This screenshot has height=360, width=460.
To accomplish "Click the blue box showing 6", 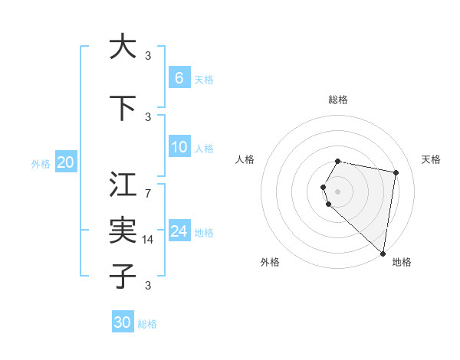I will tap(179, 78).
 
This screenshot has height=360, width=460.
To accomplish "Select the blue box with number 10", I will tap(179, 147).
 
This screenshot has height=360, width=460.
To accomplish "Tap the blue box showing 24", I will tap(179, 231).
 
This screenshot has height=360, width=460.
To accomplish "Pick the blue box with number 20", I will tap(66, 162).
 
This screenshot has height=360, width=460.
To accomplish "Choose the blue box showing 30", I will tap(123, 322).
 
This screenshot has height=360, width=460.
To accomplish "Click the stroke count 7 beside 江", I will tap(147, 192).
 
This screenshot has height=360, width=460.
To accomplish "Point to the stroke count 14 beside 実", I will tap(148, 240).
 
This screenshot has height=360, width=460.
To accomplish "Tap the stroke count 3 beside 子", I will tap(147, 285).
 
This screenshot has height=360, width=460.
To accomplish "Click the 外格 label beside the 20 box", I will tap(41, 163).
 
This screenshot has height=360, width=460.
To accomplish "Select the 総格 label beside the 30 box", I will tap(147, 324).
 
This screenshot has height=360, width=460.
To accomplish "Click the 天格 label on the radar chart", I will tap(431, 159).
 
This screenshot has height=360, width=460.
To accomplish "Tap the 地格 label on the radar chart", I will tap(402, 262).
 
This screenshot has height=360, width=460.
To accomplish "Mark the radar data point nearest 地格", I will tap(383, 253).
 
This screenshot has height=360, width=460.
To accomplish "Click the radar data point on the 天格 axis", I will tap(396, 172).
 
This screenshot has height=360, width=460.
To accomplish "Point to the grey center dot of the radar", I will tap(338, 191).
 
